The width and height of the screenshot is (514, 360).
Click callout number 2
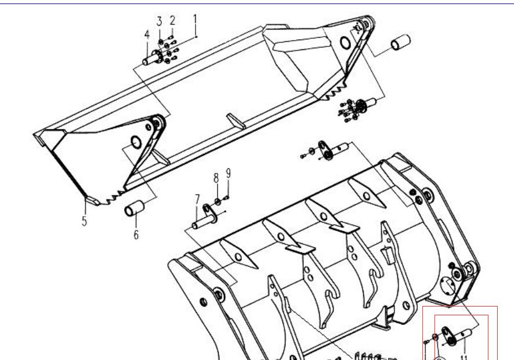coord(172,21)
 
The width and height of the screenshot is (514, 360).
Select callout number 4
coord(147,35)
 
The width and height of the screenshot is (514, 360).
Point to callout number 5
coord(84,221)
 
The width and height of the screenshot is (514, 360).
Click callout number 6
coord(136,235)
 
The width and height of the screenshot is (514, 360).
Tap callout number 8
coord(215,177)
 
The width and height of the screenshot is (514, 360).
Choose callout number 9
coord(229,173)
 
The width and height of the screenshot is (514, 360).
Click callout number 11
coord(464,357)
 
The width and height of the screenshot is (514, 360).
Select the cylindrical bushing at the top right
coord(400,44)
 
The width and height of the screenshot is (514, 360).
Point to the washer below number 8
coord(216,201)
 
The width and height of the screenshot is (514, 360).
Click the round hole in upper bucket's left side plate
coord(135,141)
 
